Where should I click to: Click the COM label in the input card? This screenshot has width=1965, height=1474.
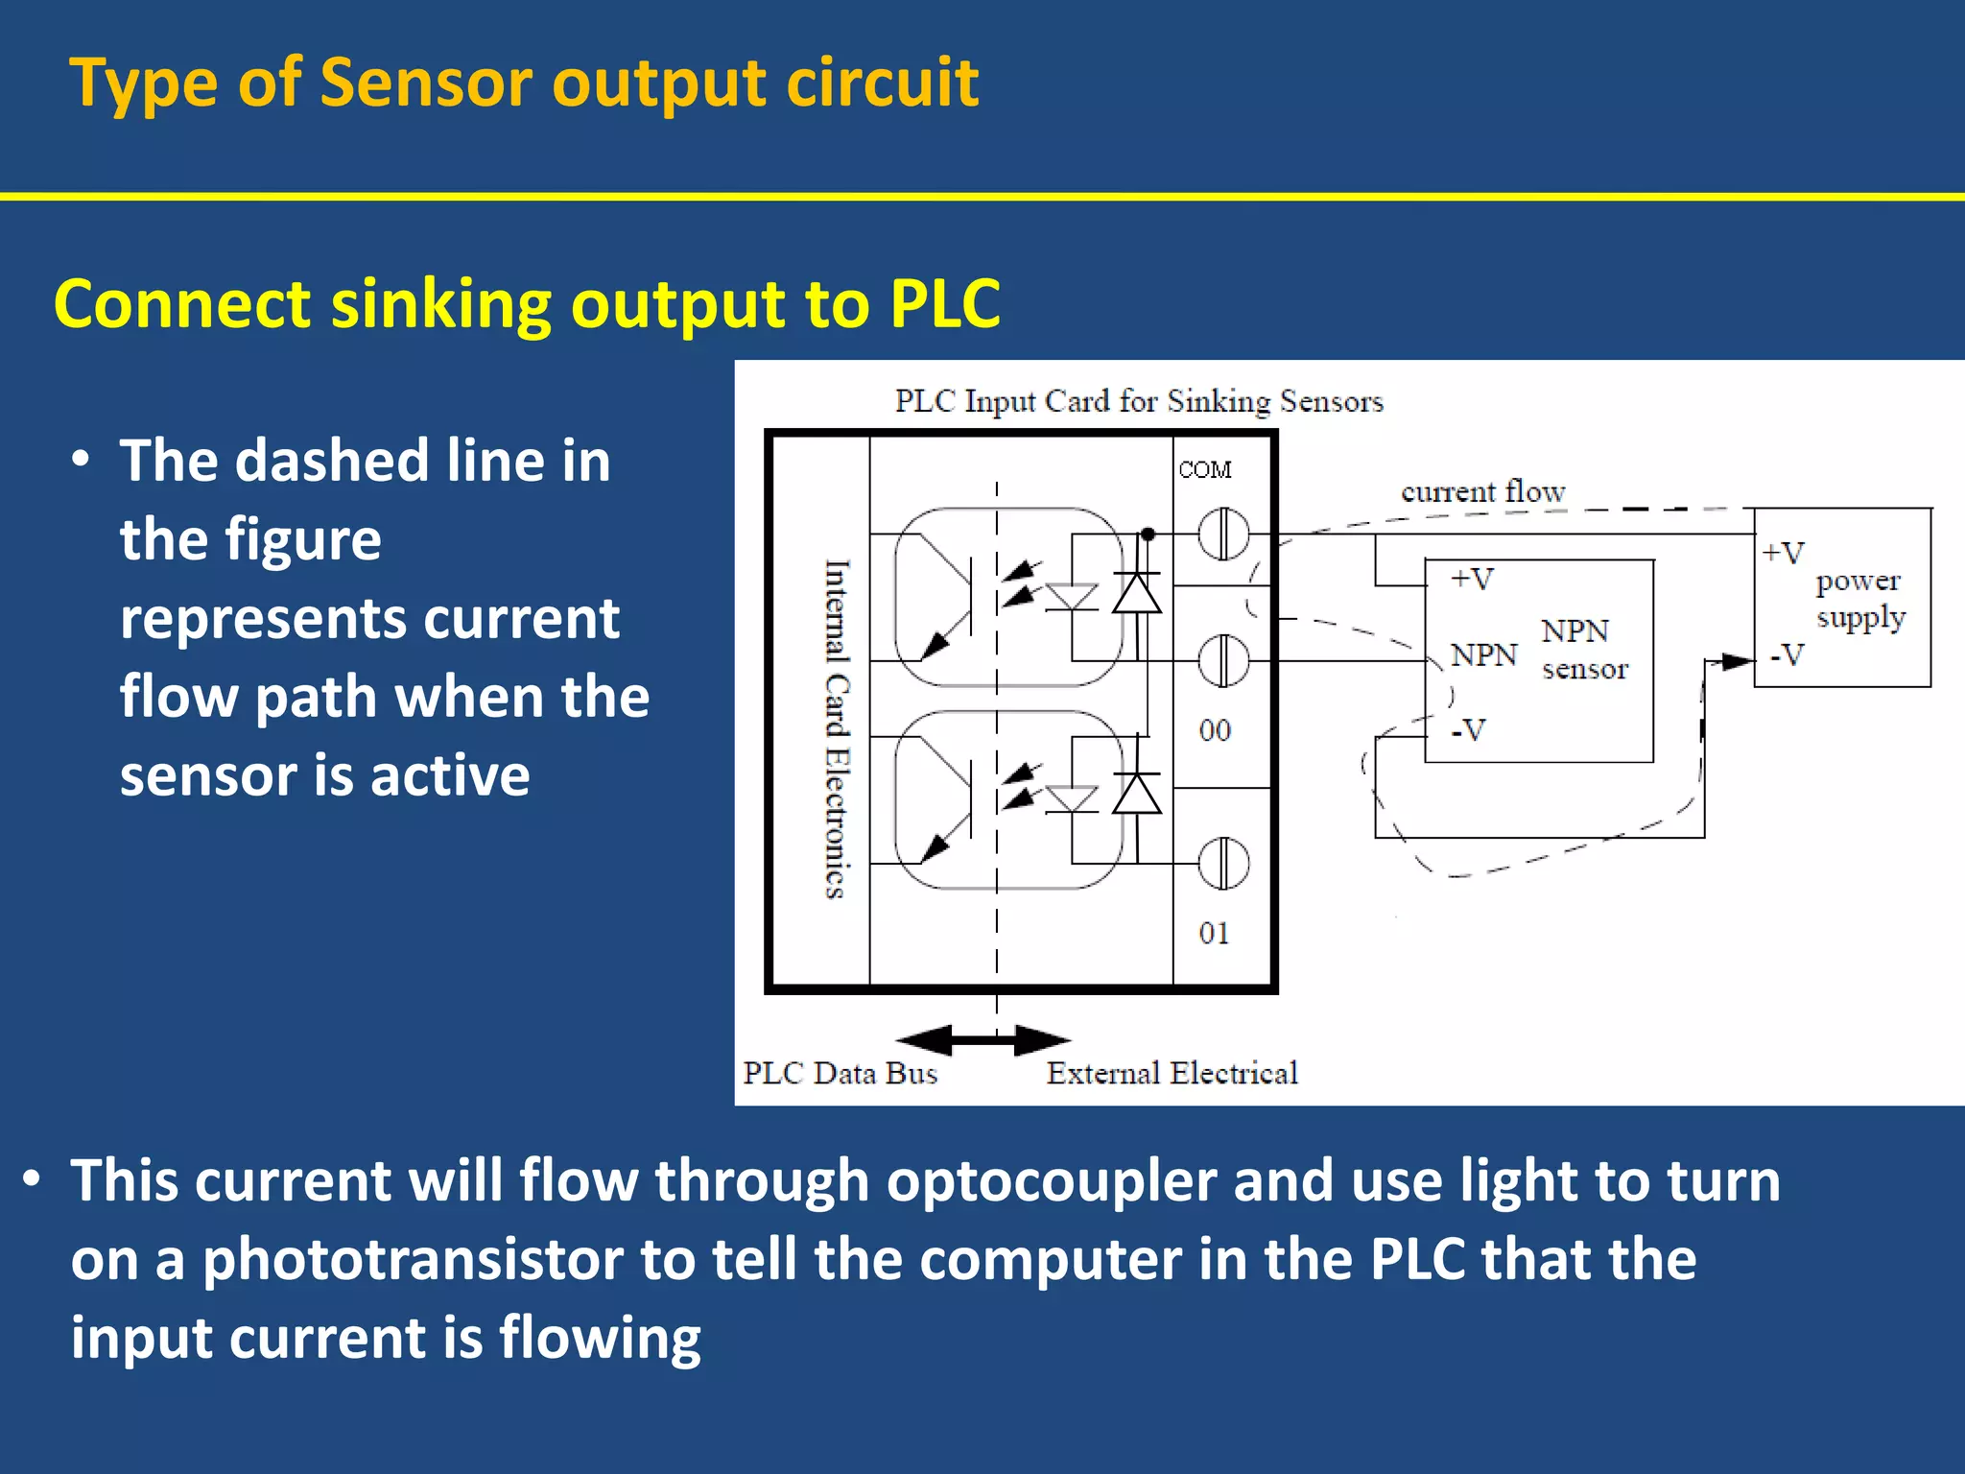coord(1204,469)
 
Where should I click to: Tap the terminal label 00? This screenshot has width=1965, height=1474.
coord(1214,730)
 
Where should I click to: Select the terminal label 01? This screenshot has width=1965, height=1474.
coord(1214,933)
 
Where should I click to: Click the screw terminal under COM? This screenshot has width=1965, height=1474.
coord(1223,534)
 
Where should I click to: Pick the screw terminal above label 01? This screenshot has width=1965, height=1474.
coord(1223,863)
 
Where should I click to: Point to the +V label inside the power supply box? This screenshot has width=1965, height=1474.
coord(1783,553)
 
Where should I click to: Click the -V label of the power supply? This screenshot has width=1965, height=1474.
coord(1787,655)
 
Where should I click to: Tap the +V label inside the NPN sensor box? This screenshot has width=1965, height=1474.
coord(1472,579)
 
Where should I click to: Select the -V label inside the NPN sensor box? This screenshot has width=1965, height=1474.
coord(1468,730)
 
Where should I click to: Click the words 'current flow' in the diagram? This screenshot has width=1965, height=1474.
coord(1482,491)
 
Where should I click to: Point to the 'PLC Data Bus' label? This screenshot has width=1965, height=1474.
coord(840,1073)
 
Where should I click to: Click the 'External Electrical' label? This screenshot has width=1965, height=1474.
coord(1172,1073)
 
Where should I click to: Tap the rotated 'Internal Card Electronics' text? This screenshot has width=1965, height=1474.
coord(837,729)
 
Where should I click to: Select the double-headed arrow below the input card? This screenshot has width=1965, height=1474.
coord(983,1039)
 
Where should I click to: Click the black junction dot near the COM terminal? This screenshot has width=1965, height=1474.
coord(1148,535)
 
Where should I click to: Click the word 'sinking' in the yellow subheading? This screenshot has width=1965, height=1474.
coord(440,303)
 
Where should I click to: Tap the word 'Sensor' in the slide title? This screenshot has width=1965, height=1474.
coord(425,83)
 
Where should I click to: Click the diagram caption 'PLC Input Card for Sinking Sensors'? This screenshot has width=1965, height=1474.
coord(1139,401)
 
